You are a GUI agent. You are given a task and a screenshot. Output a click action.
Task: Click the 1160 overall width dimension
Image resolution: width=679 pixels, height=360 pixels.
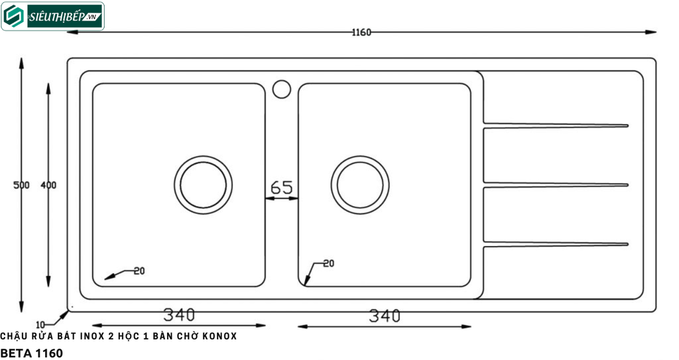tap(361, 32)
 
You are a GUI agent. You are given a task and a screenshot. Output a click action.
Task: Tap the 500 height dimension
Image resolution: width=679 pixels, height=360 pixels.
tap(21, 185)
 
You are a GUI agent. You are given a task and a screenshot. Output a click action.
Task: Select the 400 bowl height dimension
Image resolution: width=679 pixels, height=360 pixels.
tap(48, 185)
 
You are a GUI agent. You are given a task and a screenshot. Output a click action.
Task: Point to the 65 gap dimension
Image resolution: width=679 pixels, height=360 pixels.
tap(281, 188)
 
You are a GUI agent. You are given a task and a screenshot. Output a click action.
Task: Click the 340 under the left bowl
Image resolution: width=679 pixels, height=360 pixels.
tap(179, 315)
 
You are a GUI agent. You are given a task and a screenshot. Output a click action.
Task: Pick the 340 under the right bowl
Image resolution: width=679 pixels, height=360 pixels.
tap(385, 316)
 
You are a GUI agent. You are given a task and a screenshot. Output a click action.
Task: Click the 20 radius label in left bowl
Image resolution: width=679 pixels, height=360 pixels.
tap(139, 271)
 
